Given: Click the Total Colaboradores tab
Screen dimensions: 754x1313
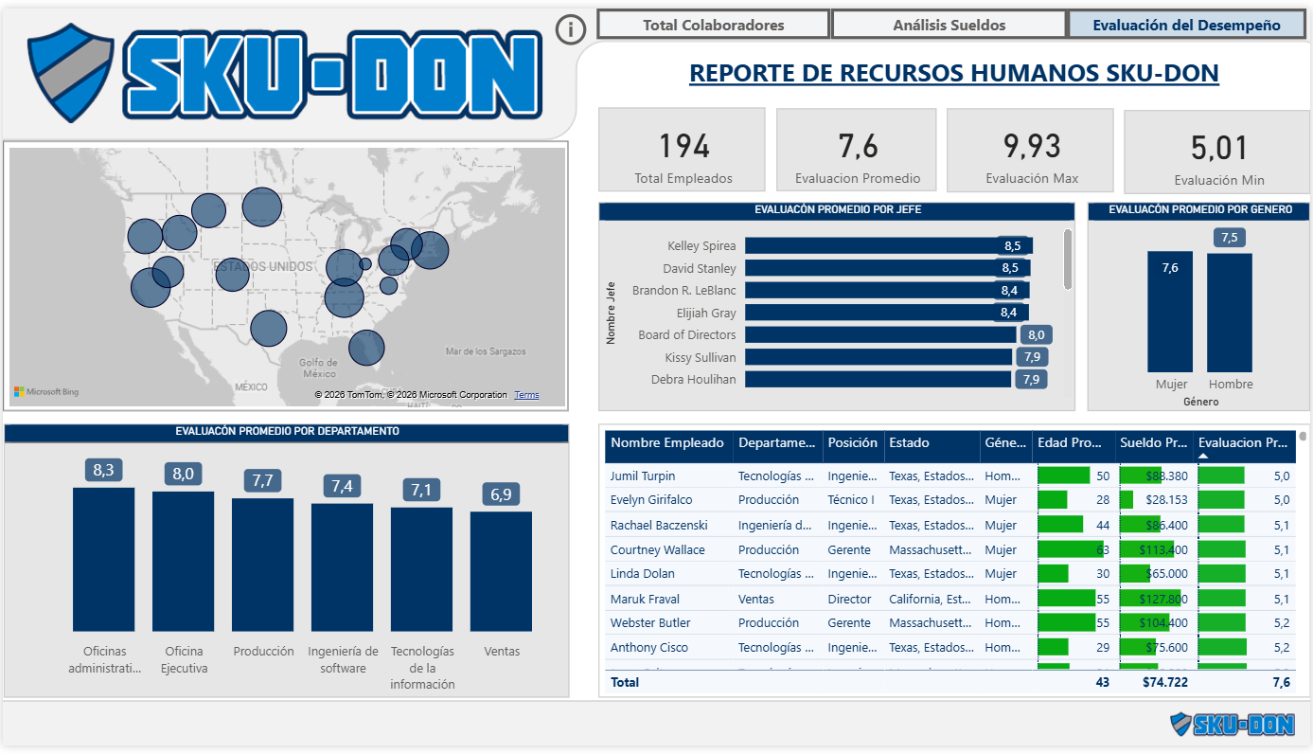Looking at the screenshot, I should [713, 25].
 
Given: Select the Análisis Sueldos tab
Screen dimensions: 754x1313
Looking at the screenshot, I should [949, 25].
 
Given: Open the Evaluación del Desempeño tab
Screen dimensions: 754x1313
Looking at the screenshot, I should [1186, 25].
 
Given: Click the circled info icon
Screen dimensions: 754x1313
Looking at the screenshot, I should [570, 29].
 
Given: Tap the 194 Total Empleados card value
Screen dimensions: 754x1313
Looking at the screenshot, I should [683, 146].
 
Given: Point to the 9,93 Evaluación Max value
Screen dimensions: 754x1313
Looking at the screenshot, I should [1031, 146].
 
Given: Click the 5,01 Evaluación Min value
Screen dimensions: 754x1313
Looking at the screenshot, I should [1219, 148].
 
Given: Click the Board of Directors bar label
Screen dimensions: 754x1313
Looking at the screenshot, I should [686, 334].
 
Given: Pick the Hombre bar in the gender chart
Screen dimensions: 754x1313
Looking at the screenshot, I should [1229, 313].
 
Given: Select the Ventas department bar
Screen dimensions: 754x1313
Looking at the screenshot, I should [501, 571].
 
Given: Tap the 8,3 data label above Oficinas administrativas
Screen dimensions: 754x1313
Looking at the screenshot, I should [103, 470].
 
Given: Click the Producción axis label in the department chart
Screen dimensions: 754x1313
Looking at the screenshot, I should [262, 652].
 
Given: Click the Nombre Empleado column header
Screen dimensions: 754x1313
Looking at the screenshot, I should [667, 442].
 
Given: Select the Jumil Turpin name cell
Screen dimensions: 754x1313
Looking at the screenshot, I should [643, 476].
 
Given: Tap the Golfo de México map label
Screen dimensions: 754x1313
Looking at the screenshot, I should [318, 368].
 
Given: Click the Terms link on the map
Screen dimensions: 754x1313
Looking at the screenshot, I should [526, 395].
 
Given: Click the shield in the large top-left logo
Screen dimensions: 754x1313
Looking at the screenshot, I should [71, 73].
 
